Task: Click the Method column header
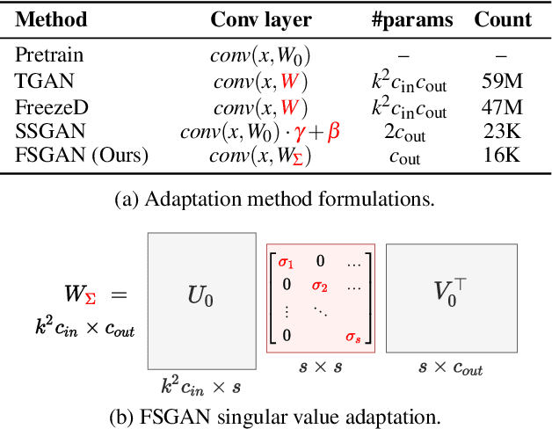click(48, 19)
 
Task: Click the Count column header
click(503, 19)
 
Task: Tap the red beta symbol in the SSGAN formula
click(333, 134)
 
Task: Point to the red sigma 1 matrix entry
click(286, 261)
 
